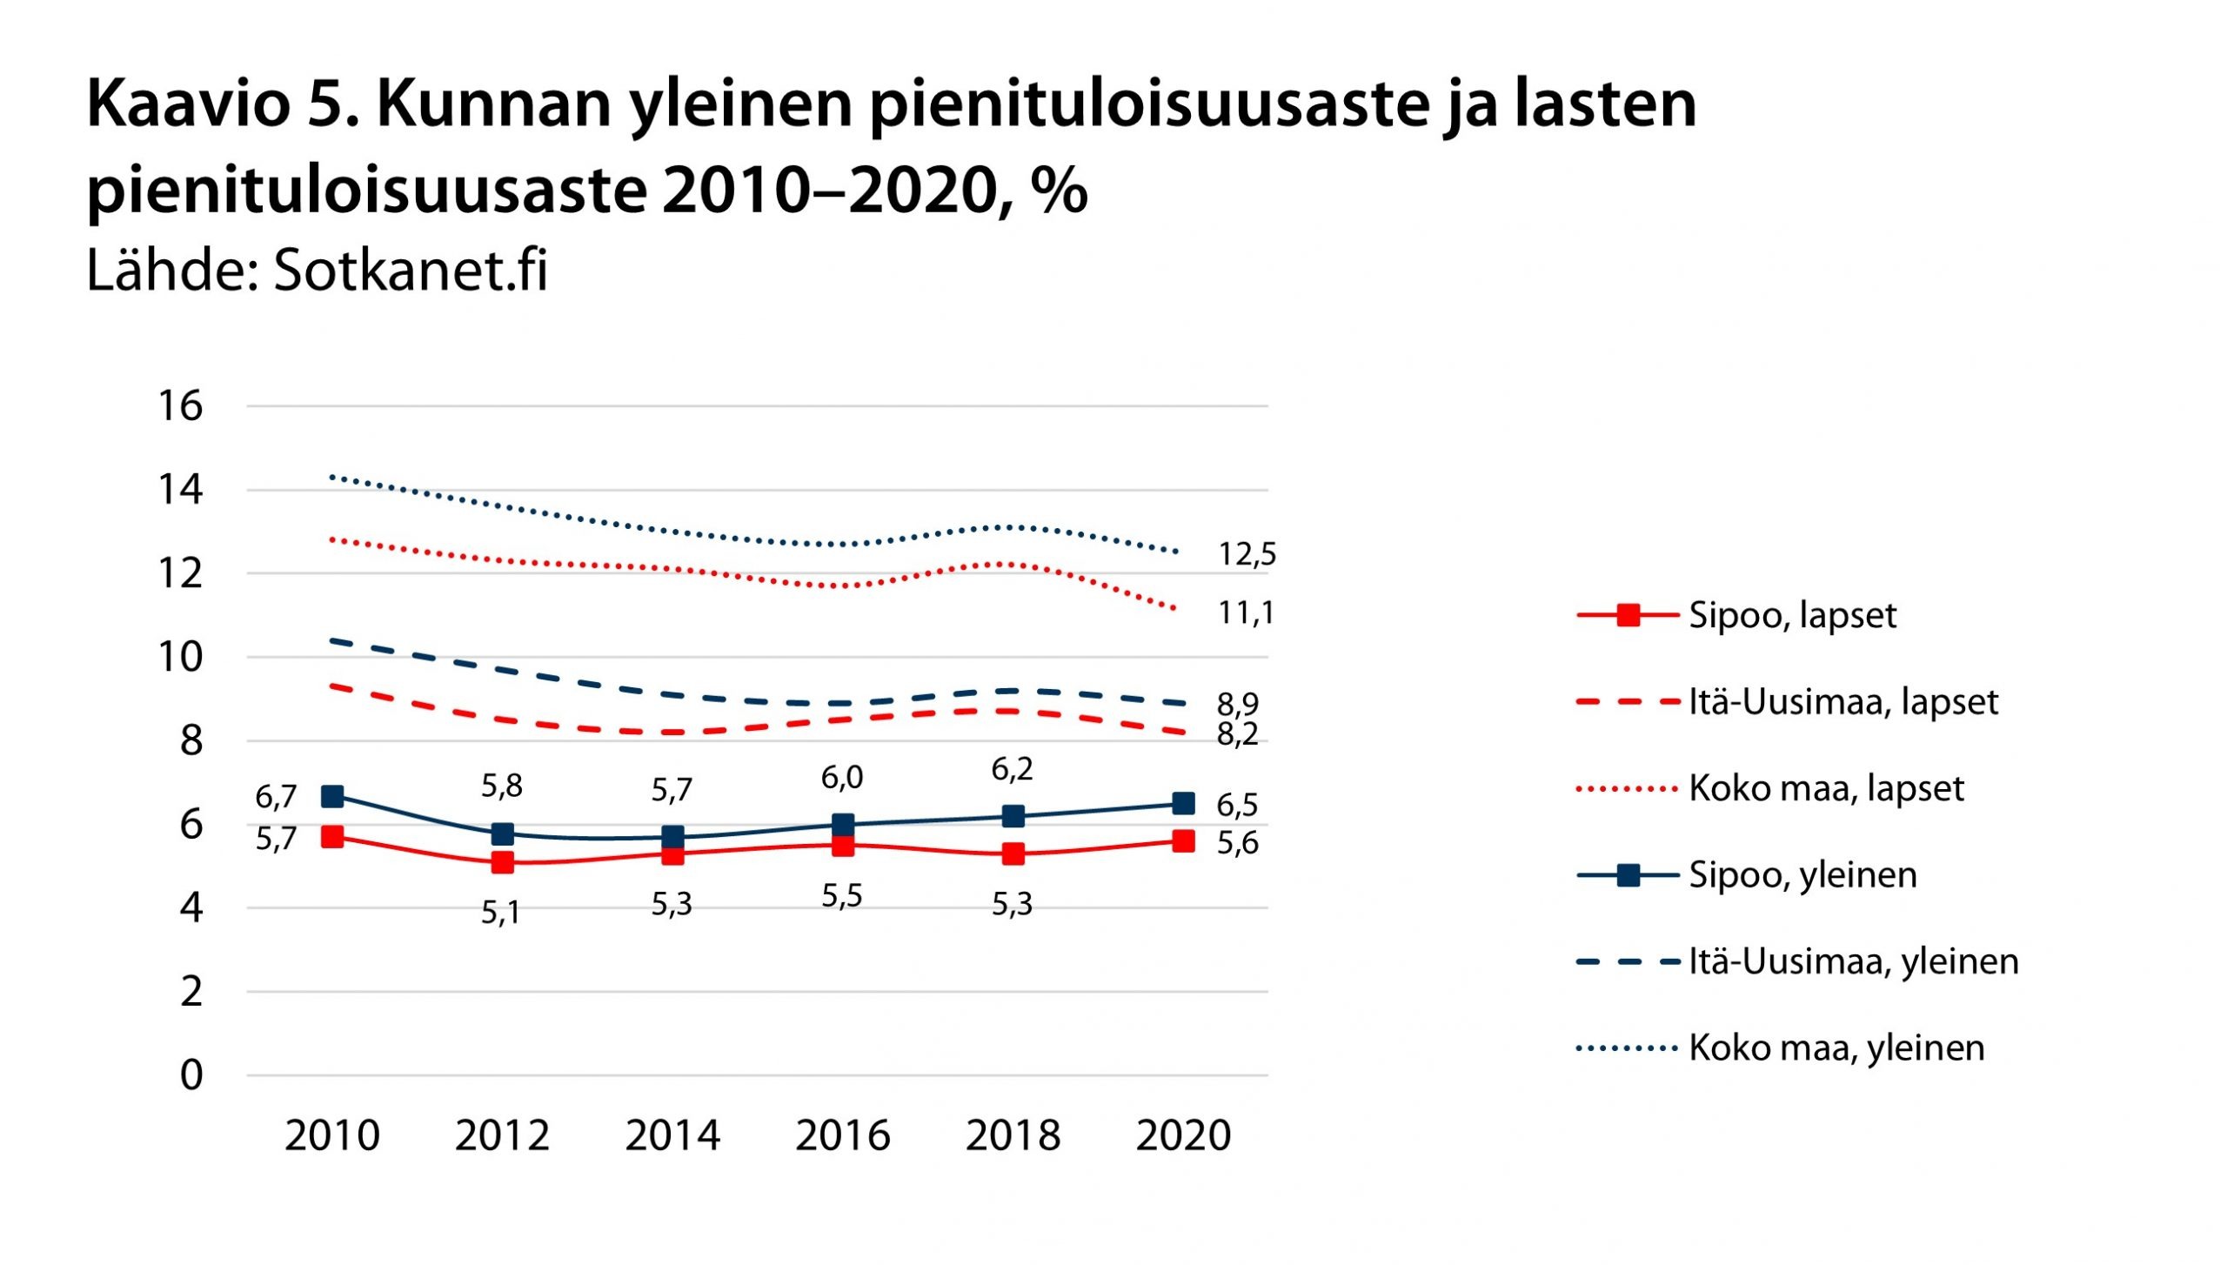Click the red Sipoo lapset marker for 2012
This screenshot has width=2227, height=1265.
[x=502, y=862]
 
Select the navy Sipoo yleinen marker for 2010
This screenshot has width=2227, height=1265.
[x=332, y=795]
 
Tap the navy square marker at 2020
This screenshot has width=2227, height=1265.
[x=1183, y=803]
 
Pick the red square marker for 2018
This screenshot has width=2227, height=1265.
[x=1013, y=853]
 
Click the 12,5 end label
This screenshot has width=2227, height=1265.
[x=1247, y=554]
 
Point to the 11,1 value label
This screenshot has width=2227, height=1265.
[x=1246, y=613]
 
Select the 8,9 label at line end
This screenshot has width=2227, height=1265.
[x=1237, y=704]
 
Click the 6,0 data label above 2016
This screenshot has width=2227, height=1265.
[x=842, y=778]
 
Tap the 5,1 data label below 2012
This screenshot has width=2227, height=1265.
[x=501, y=913]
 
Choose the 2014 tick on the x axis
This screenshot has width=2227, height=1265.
[x=672, y=1135]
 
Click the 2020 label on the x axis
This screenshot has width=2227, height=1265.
[x=1183, y=1135]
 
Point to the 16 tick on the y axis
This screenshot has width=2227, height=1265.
[x=180, y=406]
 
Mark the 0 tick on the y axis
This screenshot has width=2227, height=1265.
[x=191, y=1075]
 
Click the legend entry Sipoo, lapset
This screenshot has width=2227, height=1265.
[x=1791, y=615]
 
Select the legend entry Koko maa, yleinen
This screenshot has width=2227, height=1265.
[x=1836, y=1047]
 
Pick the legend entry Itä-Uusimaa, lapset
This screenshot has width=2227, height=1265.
[x=1842, y=701]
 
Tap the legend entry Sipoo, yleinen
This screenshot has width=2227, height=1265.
[x=1802, y=874]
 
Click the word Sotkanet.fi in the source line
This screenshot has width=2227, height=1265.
[x=411, y=270]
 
